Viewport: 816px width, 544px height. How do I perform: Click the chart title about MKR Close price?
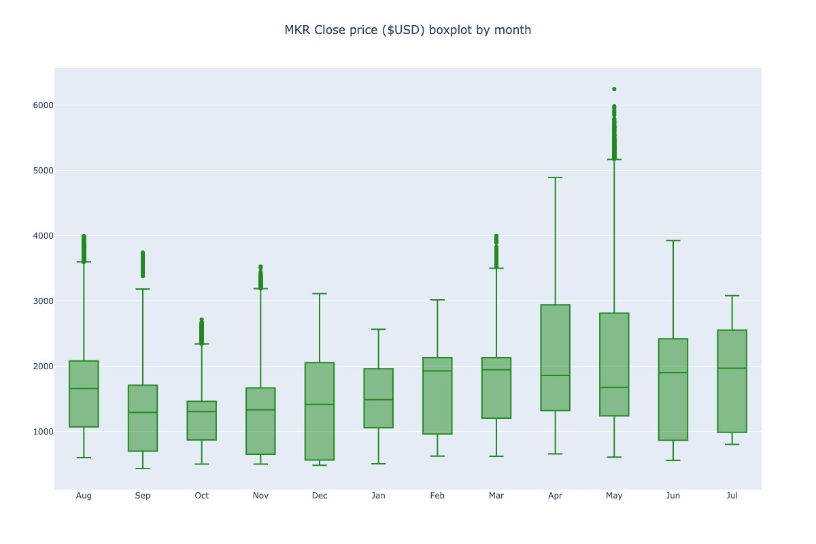tap(407, 30)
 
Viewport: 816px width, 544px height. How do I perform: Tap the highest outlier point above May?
tap(614, 89)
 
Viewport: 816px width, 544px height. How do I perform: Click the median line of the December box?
tap(320, 405)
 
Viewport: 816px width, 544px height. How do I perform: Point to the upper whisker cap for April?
tap(555, 177)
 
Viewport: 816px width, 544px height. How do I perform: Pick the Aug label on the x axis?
tap(84, 496)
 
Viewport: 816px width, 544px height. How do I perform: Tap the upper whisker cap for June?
tap(673, 241)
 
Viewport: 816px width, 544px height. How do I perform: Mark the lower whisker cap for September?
tap(143, 469)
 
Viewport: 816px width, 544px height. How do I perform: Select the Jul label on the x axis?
tap(732, 496)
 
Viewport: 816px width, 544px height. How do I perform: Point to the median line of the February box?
tap(437, 371)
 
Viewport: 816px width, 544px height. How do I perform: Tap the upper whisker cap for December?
tap(320, 294)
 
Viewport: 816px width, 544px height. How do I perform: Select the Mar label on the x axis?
tap(496, 496)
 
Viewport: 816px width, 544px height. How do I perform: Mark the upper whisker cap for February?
tap(437, 300)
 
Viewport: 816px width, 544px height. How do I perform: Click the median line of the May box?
tap(614, 388)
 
